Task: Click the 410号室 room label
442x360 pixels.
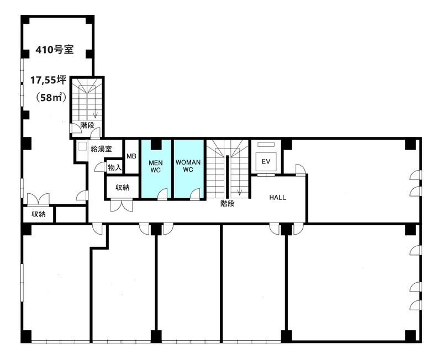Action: [55, 50]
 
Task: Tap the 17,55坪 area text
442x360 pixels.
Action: [48, 81]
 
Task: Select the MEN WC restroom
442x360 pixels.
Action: [156, 170]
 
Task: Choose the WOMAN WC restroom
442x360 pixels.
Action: [188, 170]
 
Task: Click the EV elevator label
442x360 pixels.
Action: [266, 162]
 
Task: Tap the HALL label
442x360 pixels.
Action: [278, 198]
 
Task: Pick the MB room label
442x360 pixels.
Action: [131, 156]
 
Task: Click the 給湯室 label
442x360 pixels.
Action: [101, 149]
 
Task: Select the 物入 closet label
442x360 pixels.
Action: [115, 168]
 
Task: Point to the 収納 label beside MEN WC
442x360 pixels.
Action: [123, 187]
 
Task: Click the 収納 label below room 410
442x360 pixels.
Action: [38, 214]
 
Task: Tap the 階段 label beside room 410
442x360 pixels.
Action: [87, 125]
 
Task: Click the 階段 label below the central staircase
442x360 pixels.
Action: [228, 203]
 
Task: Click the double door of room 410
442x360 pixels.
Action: [38, 199]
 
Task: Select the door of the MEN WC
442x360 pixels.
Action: [162, 195]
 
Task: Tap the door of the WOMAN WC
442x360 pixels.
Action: [195, 195]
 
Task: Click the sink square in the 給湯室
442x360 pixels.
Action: [82, 146]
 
